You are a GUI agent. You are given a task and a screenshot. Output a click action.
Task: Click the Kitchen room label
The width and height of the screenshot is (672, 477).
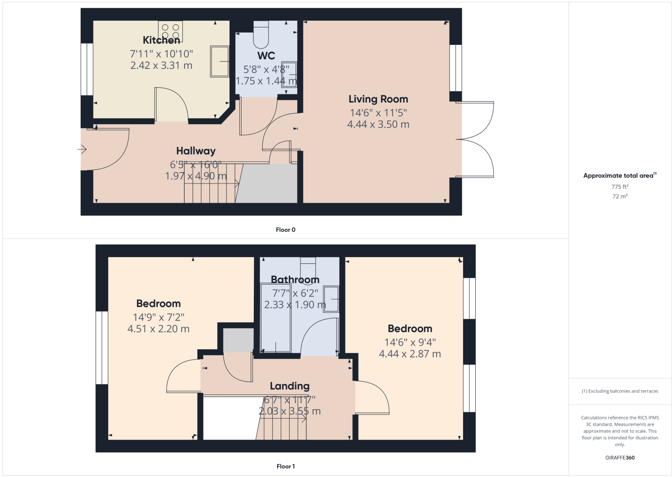tap(161, 40)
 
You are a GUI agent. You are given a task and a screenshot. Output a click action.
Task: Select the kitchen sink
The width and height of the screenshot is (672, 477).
tap(220, 61)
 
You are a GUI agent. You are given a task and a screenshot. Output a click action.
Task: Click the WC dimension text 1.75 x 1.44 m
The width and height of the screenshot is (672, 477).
tap(266, 81)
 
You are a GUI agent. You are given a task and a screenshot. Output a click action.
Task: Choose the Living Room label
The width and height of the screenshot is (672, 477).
tap(378, 99)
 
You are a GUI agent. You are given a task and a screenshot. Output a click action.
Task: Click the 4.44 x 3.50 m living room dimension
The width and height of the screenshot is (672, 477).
tap(378, 125)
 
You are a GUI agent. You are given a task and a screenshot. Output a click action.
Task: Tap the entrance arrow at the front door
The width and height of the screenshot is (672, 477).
tap(82, 149)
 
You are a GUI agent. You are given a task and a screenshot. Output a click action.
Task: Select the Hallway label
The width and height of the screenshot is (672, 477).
tap(196, 151)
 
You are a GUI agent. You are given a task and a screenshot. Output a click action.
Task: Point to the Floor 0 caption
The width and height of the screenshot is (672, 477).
tap(286, 230)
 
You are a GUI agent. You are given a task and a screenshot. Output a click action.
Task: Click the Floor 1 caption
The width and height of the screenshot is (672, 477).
tap(286, 466)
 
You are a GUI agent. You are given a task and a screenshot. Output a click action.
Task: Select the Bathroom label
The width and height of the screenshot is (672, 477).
tap(295, 280)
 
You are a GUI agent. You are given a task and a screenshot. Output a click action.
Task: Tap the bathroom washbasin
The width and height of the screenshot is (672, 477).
tap(332, 299)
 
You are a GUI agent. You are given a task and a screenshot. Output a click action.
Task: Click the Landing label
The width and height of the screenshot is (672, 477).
tap(290, 386)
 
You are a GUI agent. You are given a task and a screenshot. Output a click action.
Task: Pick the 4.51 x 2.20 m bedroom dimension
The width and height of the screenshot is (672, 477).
tap(159, 329)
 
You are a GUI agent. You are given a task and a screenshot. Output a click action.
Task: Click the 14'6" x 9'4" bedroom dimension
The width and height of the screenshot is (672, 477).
tap(410, 342)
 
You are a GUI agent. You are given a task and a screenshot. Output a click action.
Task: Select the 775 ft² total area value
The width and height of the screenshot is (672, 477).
tap(620, 187)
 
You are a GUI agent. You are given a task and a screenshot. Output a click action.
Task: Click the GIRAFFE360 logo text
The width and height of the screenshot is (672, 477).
tap(620, 458)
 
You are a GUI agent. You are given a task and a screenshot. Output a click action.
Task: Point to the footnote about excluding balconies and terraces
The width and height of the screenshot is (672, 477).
tap(620, 391)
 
